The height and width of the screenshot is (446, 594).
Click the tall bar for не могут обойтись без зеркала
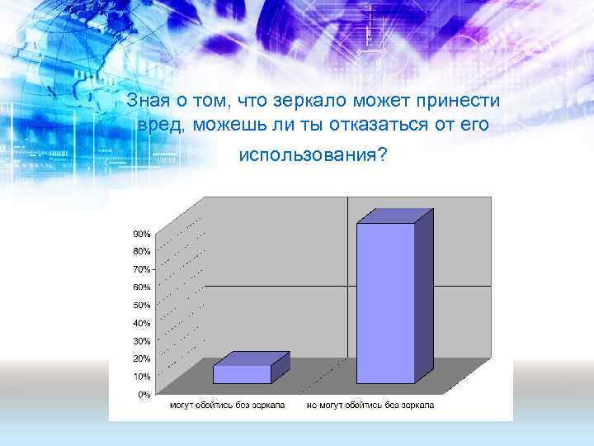385,302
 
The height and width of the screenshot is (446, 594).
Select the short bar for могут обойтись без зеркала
242,373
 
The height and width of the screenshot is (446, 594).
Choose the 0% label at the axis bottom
144,395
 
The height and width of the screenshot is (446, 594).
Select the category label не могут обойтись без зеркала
370,406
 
